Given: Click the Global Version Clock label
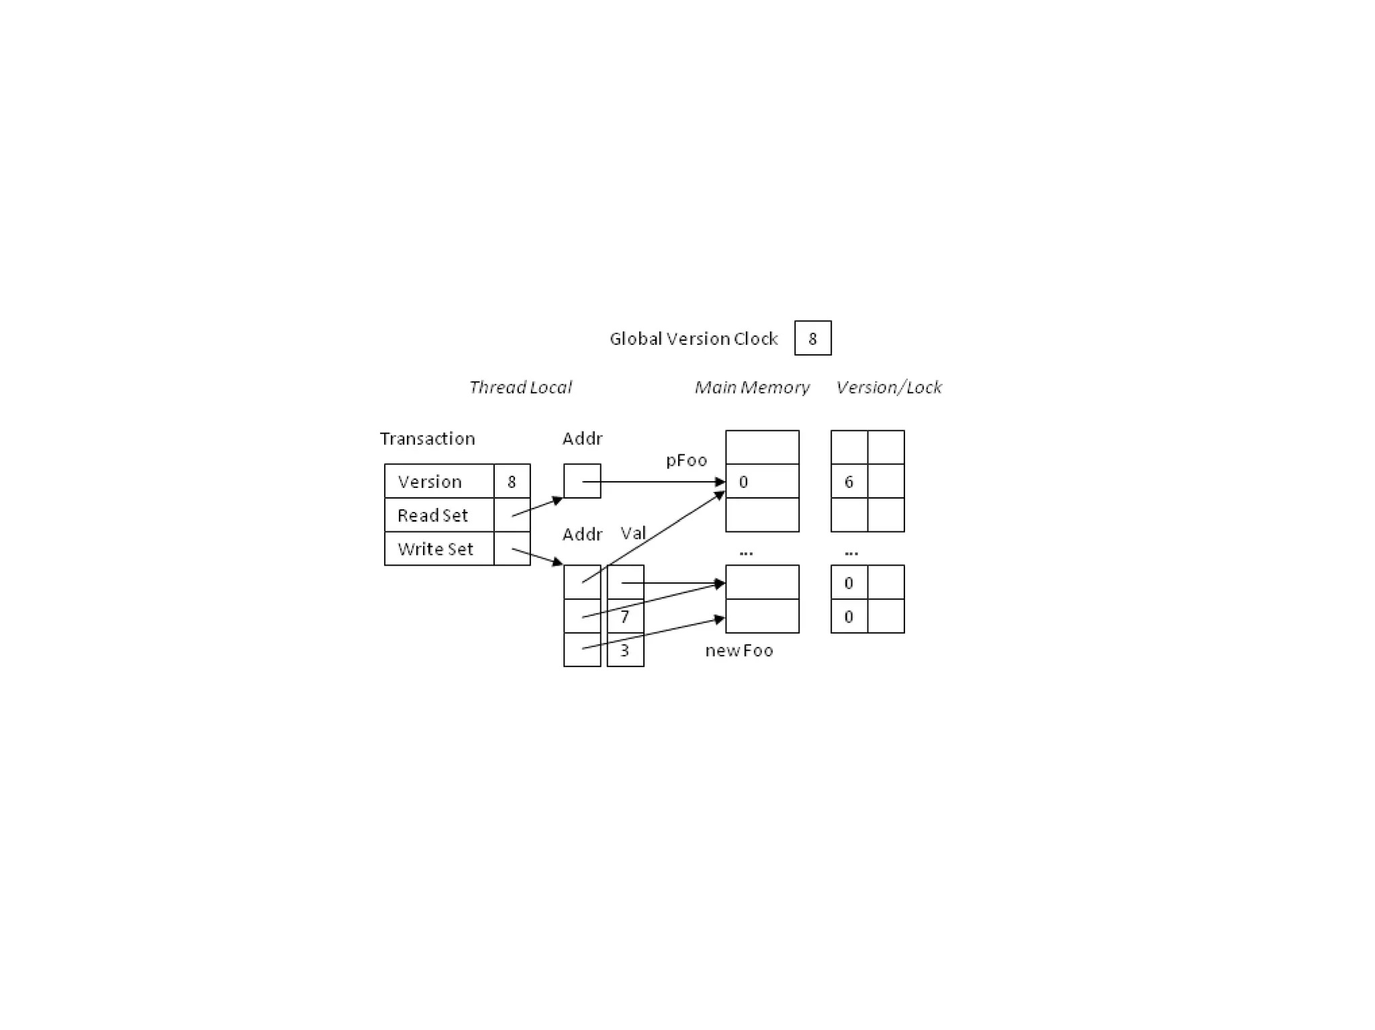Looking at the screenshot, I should pos(693,339).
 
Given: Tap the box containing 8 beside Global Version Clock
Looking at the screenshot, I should pos(812,338).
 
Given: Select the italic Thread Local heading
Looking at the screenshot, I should pos(520,387).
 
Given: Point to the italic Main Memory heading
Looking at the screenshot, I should pos(752,387).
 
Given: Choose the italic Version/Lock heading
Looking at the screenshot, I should pos(888,387).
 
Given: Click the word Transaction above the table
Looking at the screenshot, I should pos(427,439).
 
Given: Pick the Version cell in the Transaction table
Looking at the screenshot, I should pos(439,481).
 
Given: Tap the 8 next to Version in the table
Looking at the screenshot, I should pos(512,481).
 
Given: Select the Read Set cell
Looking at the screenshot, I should pos(439,515).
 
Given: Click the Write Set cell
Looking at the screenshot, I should pos(439,549).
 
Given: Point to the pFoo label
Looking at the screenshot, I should pos(686,460).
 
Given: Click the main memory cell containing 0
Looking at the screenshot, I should pos(762,481).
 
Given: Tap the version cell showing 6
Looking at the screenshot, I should pos(849,481).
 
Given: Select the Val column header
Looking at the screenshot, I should pos(633,533).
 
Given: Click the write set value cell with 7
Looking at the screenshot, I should pos(626,616).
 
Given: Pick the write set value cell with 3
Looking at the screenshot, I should pos(626,650).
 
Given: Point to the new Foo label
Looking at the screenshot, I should pos(739,651).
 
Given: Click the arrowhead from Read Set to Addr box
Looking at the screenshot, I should pos(558,499).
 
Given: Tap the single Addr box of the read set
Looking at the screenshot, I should pos(582,481).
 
